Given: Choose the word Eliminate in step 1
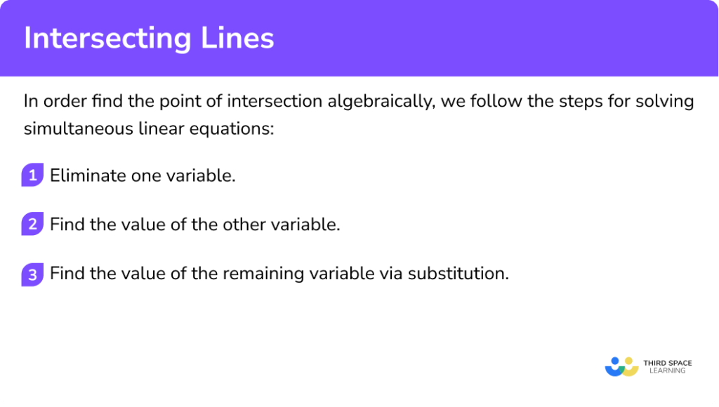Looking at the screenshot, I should click(x=88, y=175).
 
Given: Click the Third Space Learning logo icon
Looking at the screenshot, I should click(x=621, y=366).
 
